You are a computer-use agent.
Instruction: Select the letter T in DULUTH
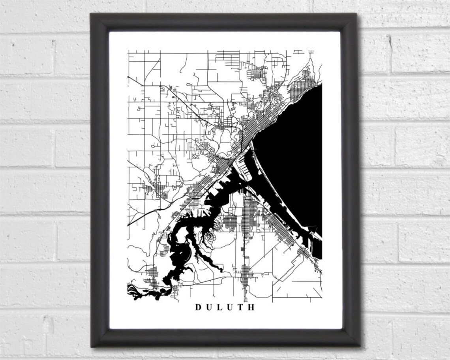pos(241,307)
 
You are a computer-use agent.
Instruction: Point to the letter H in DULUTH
pos(251,307)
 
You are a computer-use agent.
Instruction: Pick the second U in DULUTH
pos(230,307)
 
